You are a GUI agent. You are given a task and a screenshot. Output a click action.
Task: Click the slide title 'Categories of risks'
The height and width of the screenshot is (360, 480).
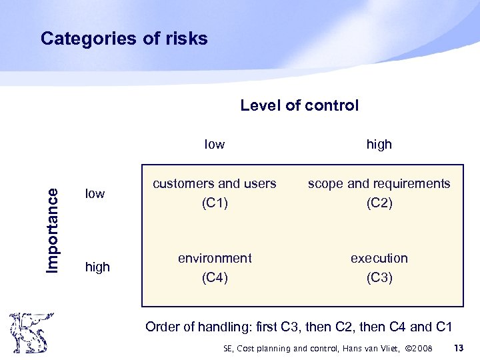click(x=124, y=39)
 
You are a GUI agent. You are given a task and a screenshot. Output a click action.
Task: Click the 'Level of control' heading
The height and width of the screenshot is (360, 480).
click(x=299, y=105)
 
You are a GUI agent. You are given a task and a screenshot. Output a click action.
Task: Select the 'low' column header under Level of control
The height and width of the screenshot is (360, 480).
click(x=214, y=144)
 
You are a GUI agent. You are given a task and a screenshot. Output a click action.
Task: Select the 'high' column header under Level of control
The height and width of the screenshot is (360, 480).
click(x=379, y=144)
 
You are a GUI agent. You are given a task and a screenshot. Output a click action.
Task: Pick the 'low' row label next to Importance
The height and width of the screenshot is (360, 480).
click(x=95, y=194)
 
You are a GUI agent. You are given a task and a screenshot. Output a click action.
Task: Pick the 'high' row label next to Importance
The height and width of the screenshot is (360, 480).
click(x=97, y=267)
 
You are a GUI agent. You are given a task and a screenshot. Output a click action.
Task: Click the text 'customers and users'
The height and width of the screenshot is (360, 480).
click(x=215, y=184)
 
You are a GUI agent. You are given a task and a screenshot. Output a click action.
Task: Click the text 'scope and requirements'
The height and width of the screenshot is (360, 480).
click(x=379, y=184)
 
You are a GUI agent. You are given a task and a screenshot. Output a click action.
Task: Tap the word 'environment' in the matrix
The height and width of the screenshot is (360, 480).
click(x=215, y=258)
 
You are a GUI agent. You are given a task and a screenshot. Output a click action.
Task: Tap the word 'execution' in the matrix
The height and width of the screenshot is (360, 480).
click(x=379, y=258)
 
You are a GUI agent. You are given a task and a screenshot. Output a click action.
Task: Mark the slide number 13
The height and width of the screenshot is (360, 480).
click(x=458, y=348)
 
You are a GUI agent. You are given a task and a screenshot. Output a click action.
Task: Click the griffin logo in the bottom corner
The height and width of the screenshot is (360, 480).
click(x=28, y=332)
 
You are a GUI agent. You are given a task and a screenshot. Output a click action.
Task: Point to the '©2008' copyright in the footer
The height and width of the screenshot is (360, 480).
click(x=418, y=349)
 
